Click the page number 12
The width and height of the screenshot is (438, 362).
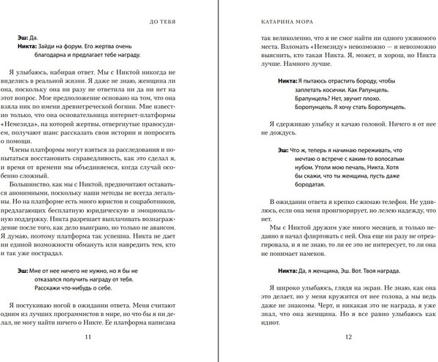348,336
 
